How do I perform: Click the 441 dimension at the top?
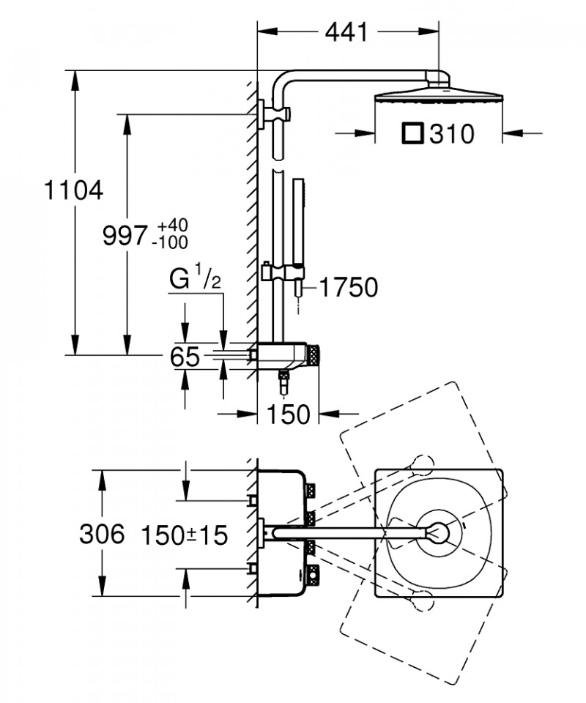click(x=346, y=31)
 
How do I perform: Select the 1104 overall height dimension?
click(x=73, y=190)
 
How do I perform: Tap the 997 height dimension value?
click(x=125, y=235)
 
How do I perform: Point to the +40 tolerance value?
click(x=172, y=225)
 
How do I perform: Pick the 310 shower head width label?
click(x=451, y=133)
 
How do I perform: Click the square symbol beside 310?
click(x=413, y=133)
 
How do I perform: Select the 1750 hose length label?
click(x=349, y=287)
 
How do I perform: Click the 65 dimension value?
click(x=185, y=357)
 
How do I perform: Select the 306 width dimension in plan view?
click(x=102, y=534)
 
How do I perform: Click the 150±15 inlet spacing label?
click(x=185, y=535)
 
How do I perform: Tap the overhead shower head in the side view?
click(x=439, y=95)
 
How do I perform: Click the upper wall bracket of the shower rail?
click(x=275, y=115)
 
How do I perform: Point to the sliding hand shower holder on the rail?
click(x=283, y=272)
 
